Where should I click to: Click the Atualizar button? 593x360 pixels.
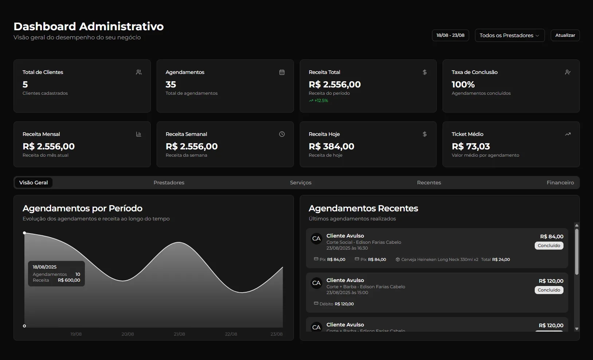point(565,35)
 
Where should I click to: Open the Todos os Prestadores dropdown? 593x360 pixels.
point(509,35)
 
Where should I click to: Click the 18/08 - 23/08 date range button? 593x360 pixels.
point(450,35)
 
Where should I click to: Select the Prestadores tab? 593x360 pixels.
point(169,183)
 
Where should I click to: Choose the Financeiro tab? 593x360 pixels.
point(560,183)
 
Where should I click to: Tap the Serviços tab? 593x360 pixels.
point(301,183)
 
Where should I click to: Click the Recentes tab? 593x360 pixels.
point(429,183)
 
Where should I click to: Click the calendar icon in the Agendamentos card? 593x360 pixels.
point(282,72)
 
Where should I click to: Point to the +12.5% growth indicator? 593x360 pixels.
point(319,101)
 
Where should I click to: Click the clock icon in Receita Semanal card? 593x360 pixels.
point(282,134)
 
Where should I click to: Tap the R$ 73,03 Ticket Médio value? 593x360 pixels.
point(471,146)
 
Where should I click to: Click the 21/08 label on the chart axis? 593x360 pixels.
point(179,334)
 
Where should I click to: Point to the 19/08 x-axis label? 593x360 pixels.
point(76,334)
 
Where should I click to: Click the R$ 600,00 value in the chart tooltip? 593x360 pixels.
point(69,280)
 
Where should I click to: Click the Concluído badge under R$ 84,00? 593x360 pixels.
point(549,246)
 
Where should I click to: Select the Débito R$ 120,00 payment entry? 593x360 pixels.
point(334,304)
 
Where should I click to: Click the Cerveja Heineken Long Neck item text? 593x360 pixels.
point(439,259)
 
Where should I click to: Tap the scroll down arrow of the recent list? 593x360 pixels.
point(577,329)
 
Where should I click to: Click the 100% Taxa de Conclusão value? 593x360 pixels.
point(463,85)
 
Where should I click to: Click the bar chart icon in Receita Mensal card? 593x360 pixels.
point(138,134)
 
